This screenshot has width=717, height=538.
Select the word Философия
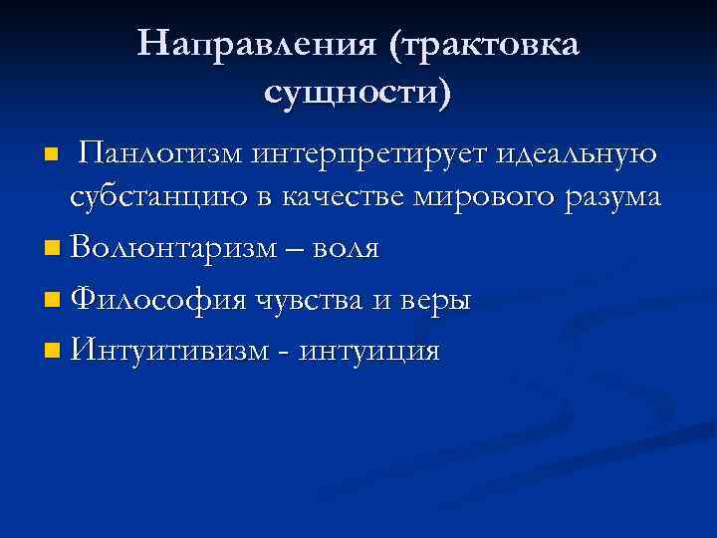pos(150,299)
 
